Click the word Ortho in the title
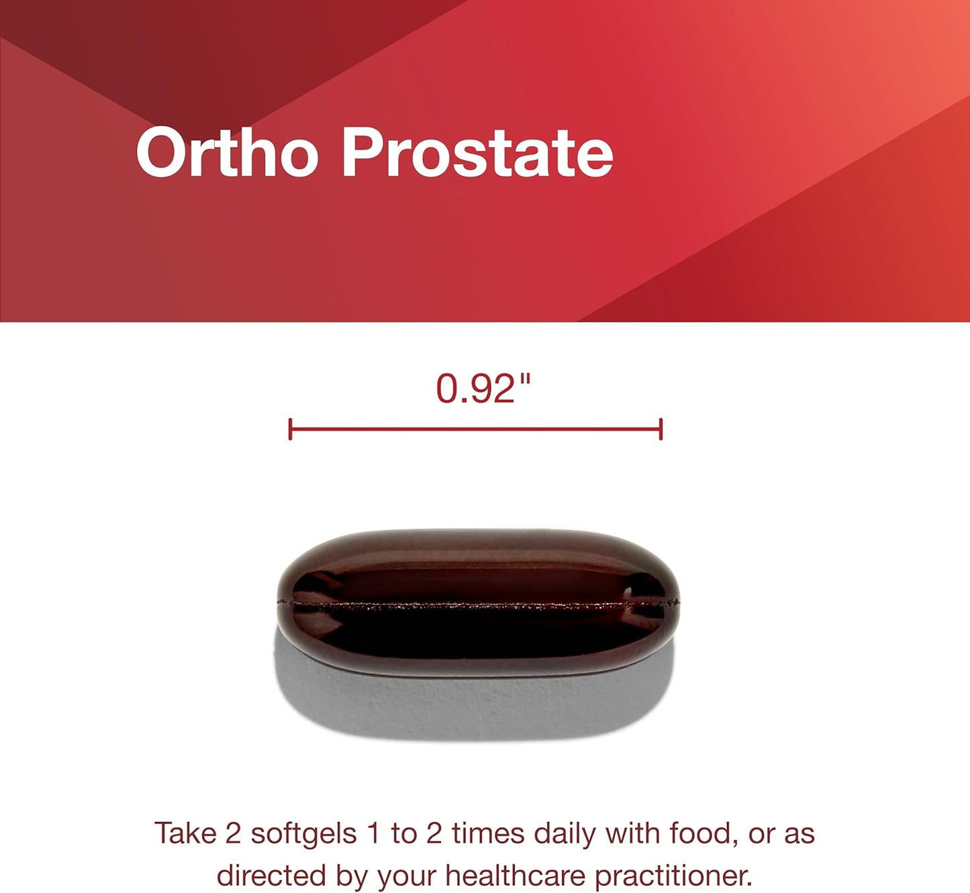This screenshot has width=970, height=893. tap(226, 153)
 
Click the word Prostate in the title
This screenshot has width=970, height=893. tap(477, 153)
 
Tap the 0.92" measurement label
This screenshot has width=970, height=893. tap(483, 388)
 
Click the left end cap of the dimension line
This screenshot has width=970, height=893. tap(290, 429)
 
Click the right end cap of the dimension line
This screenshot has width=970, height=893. tap(661, 429)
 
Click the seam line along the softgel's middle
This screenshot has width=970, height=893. tap(478, 605)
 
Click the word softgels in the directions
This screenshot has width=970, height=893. tap(303, 834)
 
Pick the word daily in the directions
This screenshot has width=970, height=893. tap(566, 834)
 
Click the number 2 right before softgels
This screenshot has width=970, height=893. tap(233, 834)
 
